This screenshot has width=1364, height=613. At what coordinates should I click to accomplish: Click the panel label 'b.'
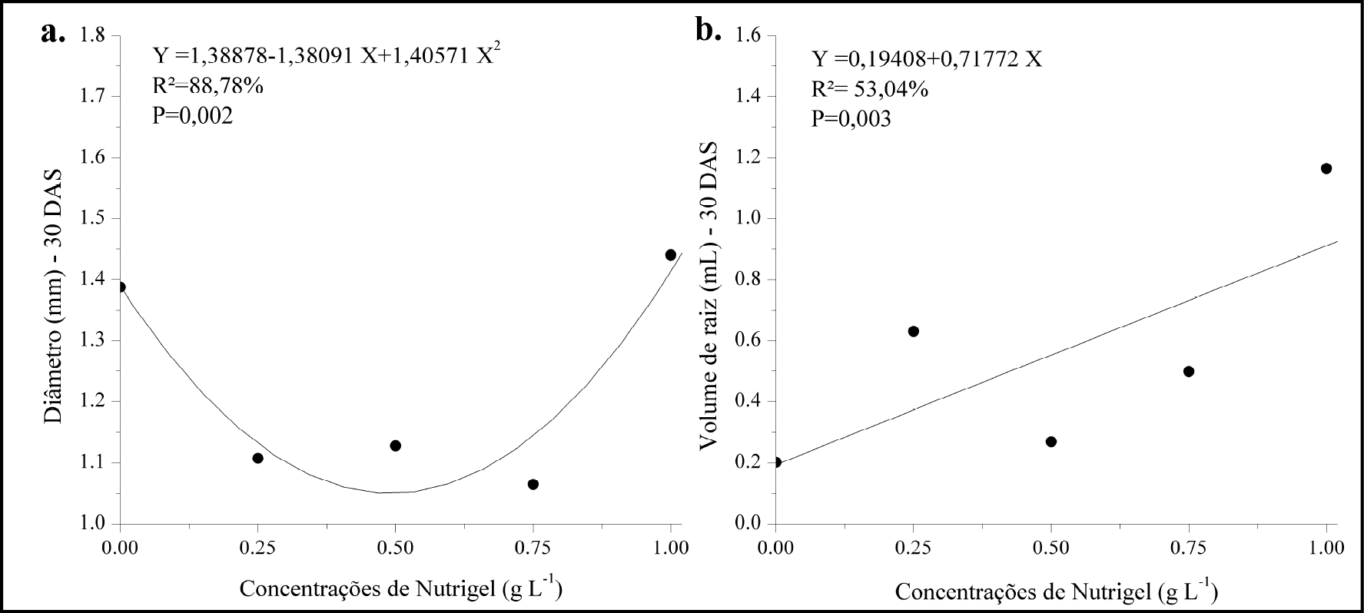pyautogui.click(x=707, y=31)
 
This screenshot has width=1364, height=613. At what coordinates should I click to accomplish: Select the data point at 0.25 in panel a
pyautogui.click(x=258, y=458)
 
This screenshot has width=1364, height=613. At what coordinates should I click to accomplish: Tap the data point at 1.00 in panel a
pyautogui.click(x=671, y=255)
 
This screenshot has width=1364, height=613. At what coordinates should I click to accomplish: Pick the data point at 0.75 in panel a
pyautogui.click(x=533, y=484)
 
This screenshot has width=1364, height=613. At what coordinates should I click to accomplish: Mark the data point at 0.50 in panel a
pyautogui.click(x=396, y=446)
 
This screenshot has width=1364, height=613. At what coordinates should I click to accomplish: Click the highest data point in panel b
pyautogui.click(x=1326, y=168)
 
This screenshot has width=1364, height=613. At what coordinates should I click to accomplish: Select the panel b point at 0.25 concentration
pyautogui.click(x=914, y=331)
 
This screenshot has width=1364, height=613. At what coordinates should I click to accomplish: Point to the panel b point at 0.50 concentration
pyautogui.click(x=1051, y=442)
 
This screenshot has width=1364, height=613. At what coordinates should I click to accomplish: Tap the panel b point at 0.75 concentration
pyautogui.click(x=1189, y=371)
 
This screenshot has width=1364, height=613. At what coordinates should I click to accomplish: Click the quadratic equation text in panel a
pyautogui.click(x=327, y=57)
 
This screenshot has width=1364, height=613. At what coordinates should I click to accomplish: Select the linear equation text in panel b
pyautogui.click(x=928, y=60)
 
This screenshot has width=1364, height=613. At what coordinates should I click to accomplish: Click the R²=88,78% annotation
pyautogui.click(x=208, y=86)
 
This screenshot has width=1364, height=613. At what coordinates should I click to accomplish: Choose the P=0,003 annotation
pyautogui.click(x=852, y=119)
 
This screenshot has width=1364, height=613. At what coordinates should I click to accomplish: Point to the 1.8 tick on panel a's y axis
pyautogui.click(x=93, y=35)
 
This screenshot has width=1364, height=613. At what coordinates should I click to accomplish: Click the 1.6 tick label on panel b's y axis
pyautogui.click(x=750, y=35)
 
